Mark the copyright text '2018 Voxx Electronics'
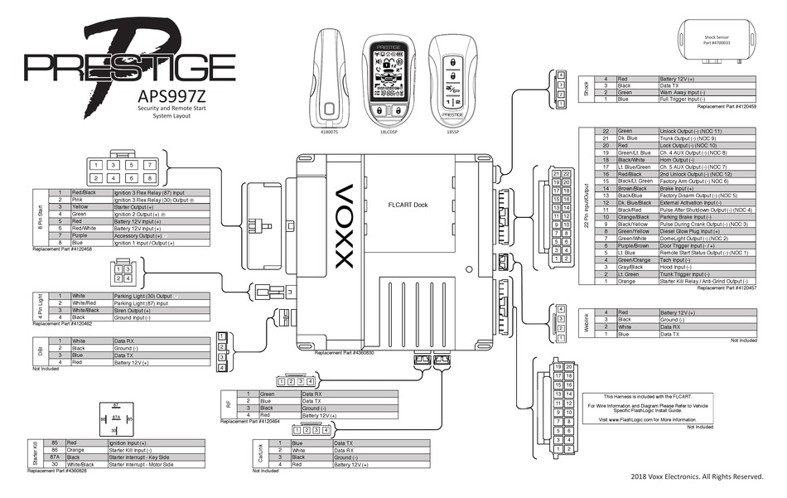pyautogui.click(x=696, y=476)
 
